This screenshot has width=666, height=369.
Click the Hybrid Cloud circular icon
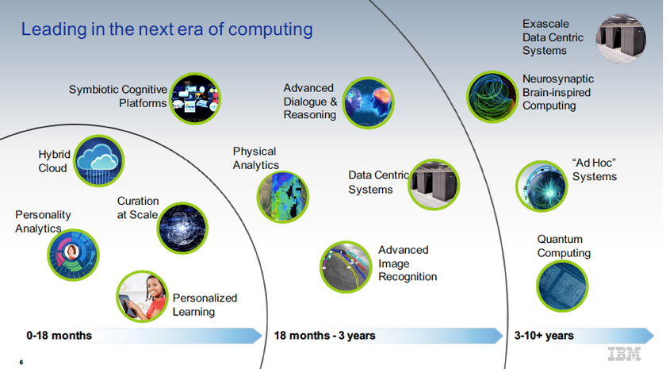(x=99, y=160)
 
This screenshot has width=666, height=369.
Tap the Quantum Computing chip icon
(x=562, y=286)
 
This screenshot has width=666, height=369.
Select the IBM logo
(x=624, y=354)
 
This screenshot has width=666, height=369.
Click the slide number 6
(x=21, y=362)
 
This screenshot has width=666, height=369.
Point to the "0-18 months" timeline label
(x=59, y=336)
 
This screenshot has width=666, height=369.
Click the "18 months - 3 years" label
(x=324, y=336)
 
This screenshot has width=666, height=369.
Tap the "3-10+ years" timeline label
(x=544, y=336)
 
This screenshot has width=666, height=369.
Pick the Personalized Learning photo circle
(x=142, y=296)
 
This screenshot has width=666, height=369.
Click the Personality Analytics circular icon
(x=73, y=255)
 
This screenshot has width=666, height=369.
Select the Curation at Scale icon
(x=182, y=228)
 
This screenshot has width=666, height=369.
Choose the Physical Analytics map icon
(x=283, y=197)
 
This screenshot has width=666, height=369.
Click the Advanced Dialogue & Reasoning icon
(x=368, y=103)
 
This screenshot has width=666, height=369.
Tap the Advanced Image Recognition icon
(x=346, y=267)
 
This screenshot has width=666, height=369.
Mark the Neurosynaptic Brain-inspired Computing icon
(x=492, y=97)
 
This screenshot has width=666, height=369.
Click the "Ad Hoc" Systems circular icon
(x=542, y=186)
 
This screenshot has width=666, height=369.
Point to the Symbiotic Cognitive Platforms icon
(x=195, y=98)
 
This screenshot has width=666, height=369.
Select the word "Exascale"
(x=545, y=24)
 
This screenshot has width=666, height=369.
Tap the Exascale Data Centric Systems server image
(x=621, y=39)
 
